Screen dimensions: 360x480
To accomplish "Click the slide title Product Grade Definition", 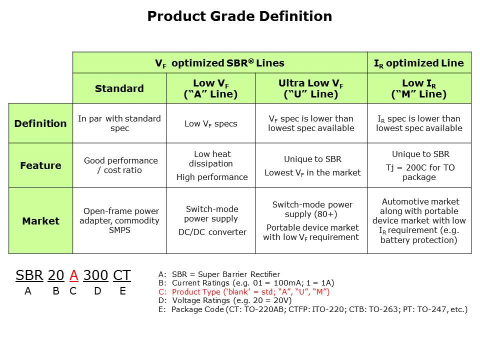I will [239, 16].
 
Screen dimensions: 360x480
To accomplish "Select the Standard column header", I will [119, 88].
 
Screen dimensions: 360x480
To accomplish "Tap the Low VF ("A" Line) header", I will [210, 88].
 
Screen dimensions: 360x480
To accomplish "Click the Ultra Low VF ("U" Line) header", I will [311, 88].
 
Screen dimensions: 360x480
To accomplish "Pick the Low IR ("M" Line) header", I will [419, 88].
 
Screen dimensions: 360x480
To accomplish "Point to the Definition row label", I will [40, 123].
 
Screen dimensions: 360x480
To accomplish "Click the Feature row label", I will [40, 165].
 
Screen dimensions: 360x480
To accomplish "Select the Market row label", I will [40, 221].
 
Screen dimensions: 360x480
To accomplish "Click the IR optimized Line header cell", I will [419, 63].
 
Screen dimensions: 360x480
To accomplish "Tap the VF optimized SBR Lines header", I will [219, 63].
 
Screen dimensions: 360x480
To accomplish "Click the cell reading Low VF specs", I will [210, 123].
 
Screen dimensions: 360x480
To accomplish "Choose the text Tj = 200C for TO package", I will [419, 172].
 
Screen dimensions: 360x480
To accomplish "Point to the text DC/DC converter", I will [212, 232].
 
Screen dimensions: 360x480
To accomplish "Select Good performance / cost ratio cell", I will [120, 165].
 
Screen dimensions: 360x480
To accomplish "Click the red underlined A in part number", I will [73, 275].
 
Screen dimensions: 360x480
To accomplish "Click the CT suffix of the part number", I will [121, 275].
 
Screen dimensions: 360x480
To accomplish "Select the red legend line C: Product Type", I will [244, 292].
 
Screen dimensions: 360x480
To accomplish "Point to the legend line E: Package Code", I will [312, 309].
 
